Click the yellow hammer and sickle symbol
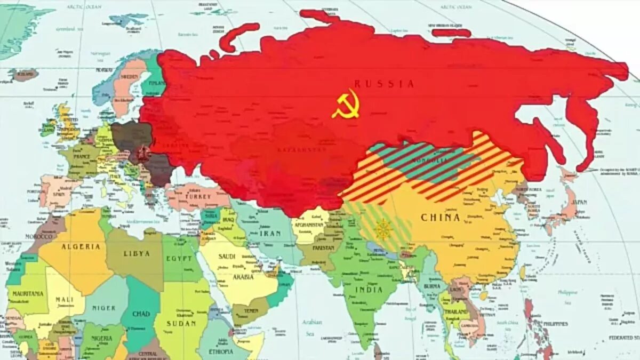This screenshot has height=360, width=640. pyautogui.click(x=346, y=104)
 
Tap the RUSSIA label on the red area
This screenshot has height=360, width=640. pyautogui.click(x=384, y=84)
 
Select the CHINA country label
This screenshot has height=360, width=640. pyautogui.click(x=440, y=218)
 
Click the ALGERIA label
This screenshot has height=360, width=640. pyautogui.click(x=81, y=247)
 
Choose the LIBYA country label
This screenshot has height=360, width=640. pyautogui.click(x=137, y=254)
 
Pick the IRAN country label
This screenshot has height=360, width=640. pyautogui.click(x=270, y=233)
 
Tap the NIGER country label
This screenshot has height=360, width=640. pyautogui.click(x=105, y=308)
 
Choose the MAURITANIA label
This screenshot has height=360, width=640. pyautogui.click(x=28, y=294)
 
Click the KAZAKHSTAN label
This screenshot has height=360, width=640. pyautogui.click(x=301, y=150)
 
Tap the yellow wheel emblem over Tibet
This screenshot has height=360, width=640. pyautogui.click(x=382, y=229)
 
